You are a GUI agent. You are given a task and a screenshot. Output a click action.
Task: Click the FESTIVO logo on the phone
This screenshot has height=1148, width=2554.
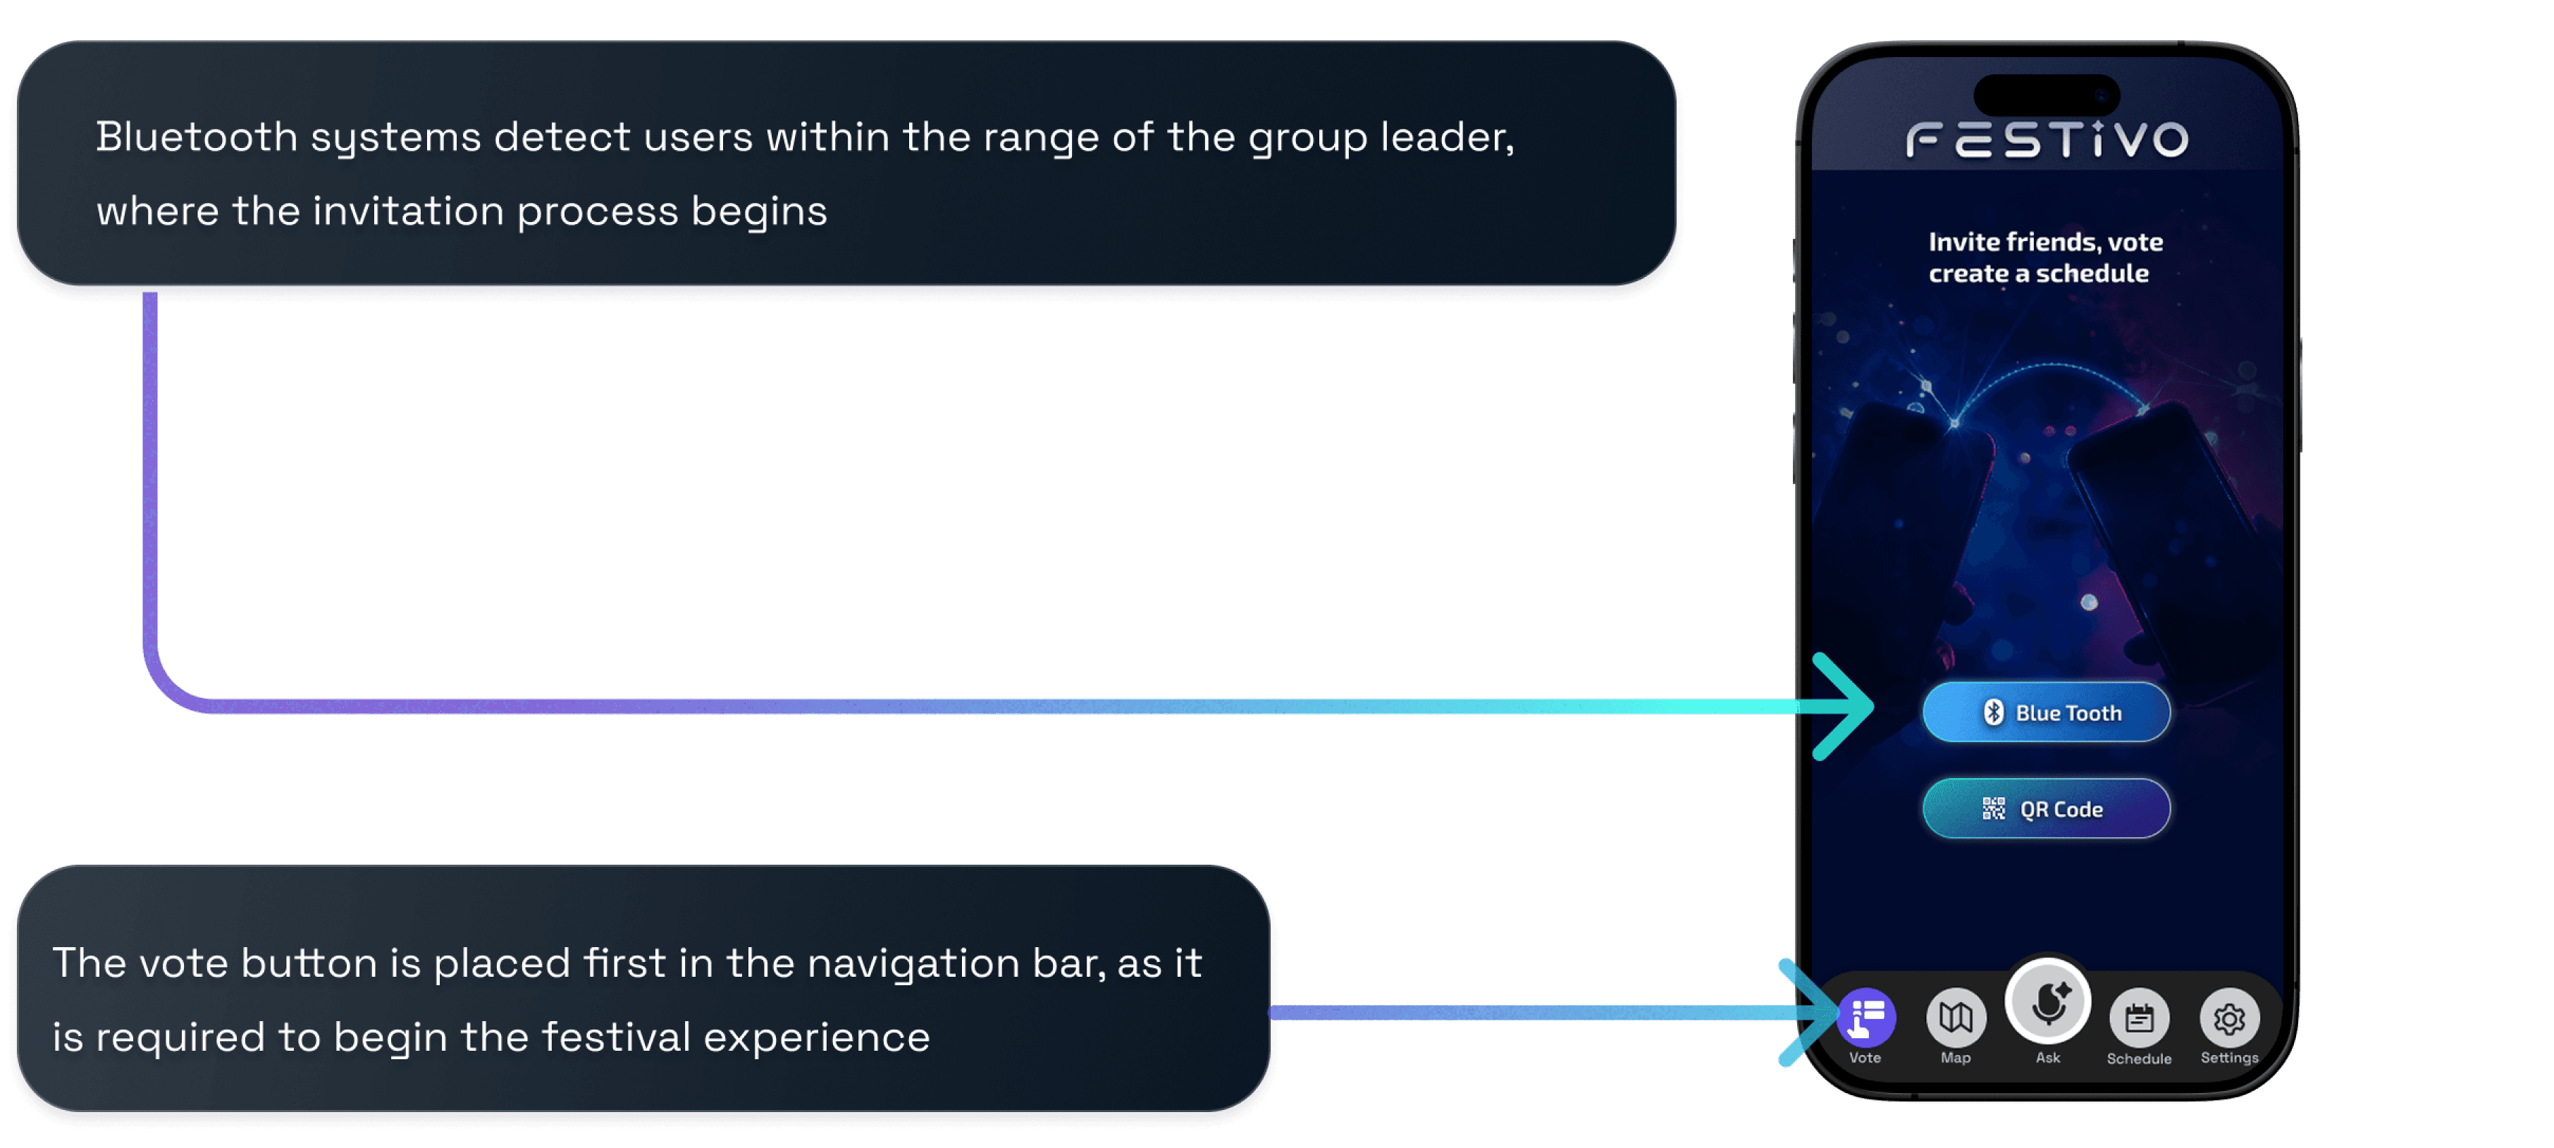click(x=2047, y=140)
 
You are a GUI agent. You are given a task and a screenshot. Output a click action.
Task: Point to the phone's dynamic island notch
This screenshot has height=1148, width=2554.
click(x=2047, y=95)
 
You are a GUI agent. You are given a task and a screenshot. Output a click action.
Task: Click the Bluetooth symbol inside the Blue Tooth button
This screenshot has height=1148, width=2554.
click(x=1993, y=712)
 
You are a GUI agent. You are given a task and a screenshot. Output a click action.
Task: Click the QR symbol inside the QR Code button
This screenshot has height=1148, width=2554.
click(x=1993, y=809)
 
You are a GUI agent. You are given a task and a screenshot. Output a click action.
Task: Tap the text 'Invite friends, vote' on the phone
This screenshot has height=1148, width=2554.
click(x=2045, y=242)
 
